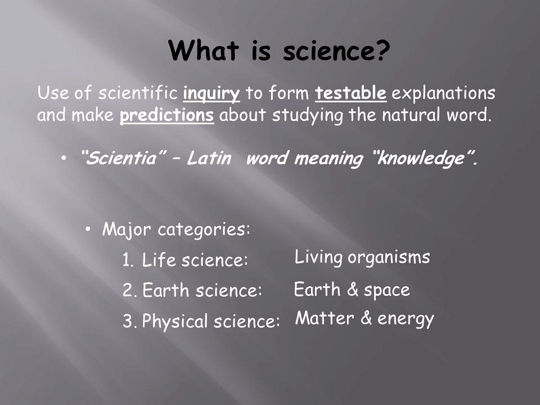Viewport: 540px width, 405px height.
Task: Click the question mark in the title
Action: (381, 51)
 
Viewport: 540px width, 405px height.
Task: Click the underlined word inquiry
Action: (211, 94)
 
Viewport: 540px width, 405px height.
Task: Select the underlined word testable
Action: (350, 93)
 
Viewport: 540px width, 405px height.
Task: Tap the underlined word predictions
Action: (166, 115)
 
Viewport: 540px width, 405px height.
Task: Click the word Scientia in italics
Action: (121, 158)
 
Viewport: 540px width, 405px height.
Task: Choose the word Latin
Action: (209, 158)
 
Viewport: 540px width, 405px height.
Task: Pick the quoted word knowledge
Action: (421, 159)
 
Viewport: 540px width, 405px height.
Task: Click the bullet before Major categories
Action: (88, 229)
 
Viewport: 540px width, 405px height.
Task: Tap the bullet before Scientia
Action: (64, 158)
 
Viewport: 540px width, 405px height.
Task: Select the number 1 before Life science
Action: (128, 260)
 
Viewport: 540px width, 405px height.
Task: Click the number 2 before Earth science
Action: (129, 290)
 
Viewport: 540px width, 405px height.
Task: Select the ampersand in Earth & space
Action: (353, 289)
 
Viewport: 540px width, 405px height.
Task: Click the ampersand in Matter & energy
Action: (366, 318)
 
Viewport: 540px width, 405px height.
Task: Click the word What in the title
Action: (204, 51)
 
